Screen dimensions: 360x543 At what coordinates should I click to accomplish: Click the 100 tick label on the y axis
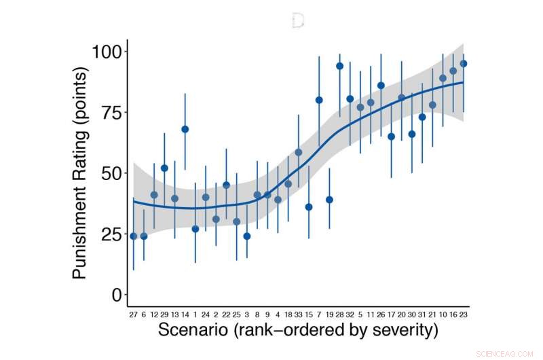(105, 52)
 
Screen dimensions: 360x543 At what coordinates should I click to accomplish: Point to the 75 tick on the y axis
(111, 113)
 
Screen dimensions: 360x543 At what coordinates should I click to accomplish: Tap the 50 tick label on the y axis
(111, 173)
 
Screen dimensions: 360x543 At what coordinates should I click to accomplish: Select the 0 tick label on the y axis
(116, 295)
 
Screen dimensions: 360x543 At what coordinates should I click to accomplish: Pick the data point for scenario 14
(185, 129)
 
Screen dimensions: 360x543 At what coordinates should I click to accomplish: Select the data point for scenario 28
(339, 66)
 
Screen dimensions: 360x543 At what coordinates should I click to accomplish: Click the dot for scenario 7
(319, 100)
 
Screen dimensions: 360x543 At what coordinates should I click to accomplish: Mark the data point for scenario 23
(464, 64)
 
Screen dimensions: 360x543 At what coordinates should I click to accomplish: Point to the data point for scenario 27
(133, 236)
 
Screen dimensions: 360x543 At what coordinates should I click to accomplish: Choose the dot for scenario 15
(309, 207)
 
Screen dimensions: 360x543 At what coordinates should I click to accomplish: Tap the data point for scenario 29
(164, 168)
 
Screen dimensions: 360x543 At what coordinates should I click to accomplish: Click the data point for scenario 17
(391, 137)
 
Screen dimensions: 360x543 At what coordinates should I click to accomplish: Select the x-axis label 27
(133, 314)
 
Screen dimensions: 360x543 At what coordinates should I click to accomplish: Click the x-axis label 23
(464, 314)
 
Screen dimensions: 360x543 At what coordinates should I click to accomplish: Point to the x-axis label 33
(299, 314)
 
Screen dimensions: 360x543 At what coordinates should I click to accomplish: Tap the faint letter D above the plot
(297, 21)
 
